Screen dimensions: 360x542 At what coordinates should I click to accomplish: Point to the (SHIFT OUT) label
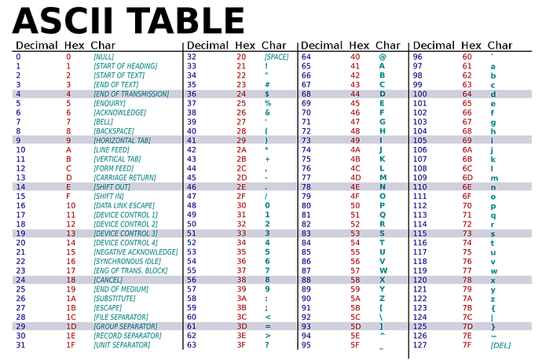click(110, 187)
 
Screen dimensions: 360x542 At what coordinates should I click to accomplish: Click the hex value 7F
click(467, 344)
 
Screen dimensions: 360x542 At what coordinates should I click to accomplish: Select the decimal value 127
click(420, 344)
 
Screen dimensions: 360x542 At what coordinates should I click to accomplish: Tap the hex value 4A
click(355, 149)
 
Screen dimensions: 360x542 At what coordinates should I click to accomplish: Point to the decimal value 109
click(420, 178)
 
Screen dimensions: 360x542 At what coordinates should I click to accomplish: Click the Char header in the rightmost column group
click(500, 45)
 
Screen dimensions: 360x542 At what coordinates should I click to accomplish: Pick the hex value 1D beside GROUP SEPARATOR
click(71, 326)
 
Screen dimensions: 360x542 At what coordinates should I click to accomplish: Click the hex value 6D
click(467, 178)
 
